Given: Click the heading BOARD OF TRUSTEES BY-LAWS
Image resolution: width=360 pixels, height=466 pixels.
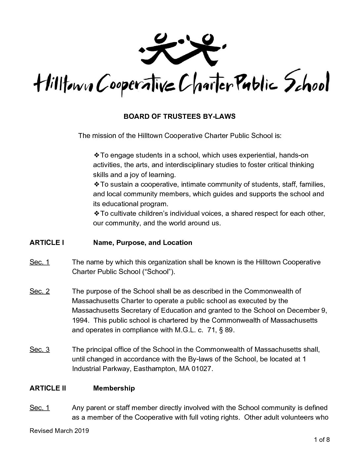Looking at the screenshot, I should pos(179,117).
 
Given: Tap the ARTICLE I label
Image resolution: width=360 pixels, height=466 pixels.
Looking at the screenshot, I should pos(47,243).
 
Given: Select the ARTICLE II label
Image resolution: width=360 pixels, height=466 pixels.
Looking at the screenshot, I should pos(48,388).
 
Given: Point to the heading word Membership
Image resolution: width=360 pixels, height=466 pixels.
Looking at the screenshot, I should pos(114,388).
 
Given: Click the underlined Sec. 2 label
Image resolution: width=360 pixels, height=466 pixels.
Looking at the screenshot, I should pos(40,291).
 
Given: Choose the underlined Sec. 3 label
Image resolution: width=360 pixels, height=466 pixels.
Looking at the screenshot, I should pos(40,349).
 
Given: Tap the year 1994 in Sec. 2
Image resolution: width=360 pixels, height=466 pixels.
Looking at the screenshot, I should pos(79,320).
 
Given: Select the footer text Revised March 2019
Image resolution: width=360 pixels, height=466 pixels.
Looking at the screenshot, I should pos(59,431).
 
